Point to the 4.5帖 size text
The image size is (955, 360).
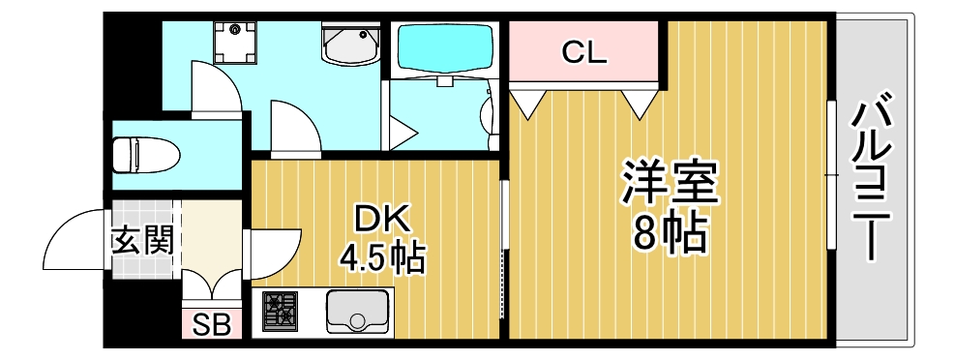(382, 257)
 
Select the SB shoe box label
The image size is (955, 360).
(209, 325)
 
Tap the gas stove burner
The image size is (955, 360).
(280, 311)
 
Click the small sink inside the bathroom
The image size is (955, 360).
(487, 114)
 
